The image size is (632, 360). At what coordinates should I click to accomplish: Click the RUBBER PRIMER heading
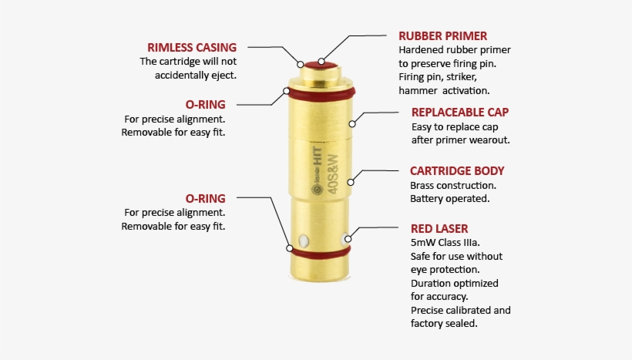point(442,36)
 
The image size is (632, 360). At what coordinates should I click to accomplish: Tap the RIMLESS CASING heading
point(192,48)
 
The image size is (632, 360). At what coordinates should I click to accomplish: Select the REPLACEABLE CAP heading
point(460,112)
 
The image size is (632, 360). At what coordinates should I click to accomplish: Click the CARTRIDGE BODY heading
point(457,171)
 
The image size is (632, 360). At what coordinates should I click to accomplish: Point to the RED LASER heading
point(439,229)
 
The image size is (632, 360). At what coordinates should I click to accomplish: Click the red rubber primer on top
point(321,65)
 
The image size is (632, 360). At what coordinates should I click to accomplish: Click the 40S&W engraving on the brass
point(332,174)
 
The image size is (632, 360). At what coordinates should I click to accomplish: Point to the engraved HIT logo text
point(318,155)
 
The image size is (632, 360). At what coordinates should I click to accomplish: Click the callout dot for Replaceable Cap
point(352,124)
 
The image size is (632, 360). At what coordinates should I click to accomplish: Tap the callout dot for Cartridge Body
point(351,182)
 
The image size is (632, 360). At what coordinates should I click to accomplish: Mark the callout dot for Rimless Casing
point(301,64)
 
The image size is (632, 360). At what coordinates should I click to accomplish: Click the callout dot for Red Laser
point(348,239)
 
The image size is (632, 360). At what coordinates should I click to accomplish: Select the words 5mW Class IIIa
point(445,243)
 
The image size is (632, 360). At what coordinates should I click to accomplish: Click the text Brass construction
point(453,186)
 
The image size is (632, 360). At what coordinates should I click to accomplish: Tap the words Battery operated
point(450,199)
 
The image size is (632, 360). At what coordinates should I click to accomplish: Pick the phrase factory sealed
point(444,323)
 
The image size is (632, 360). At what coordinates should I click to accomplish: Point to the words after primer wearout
point(461,140)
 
